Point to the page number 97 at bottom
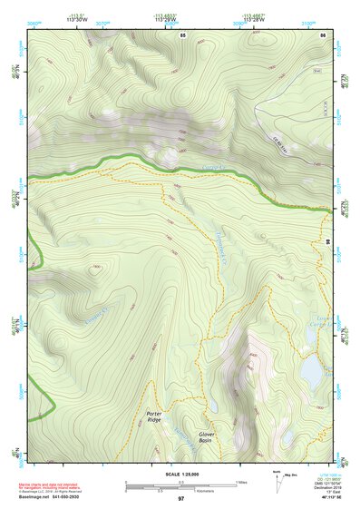click(180, 499)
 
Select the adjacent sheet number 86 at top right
click(323, 34)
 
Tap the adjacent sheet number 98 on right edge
click(328, 242)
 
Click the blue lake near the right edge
click(311, 369)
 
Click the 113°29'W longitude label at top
click(165, 18)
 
